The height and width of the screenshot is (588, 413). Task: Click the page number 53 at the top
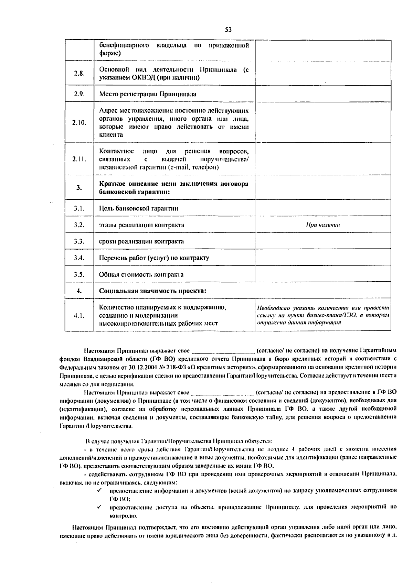[x=228, y=30]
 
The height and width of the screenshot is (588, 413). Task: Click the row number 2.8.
[x=79, y=73]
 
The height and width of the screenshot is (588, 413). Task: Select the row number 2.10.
[x=79, y=122]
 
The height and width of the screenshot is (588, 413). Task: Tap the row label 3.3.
[x=79, y=241]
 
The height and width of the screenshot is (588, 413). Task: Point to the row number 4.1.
[x=79, y=315]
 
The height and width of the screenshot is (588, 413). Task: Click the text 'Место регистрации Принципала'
[x=148, y=94]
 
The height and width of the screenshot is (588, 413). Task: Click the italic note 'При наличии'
[x=323, y=225]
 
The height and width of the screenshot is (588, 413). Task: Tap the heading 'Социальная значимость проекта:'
[x=152, y=291]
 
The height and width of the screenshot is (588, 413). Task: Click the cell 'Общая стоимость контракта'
[x=141, y=274]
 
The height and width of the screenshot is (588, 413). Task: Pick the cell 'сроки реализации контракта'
[x=141, y=241]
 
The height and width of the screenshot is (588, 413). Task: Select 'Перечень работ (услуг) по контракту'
[x=154, y=258]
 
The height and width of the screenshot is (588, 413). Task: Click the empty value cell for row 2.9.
[x=323, y=94]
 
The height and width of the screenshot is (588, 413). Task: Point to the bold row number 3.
[x=79, y=187]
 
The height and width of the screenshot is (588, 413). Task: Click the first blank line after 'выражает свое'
[x=223, y=351]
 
